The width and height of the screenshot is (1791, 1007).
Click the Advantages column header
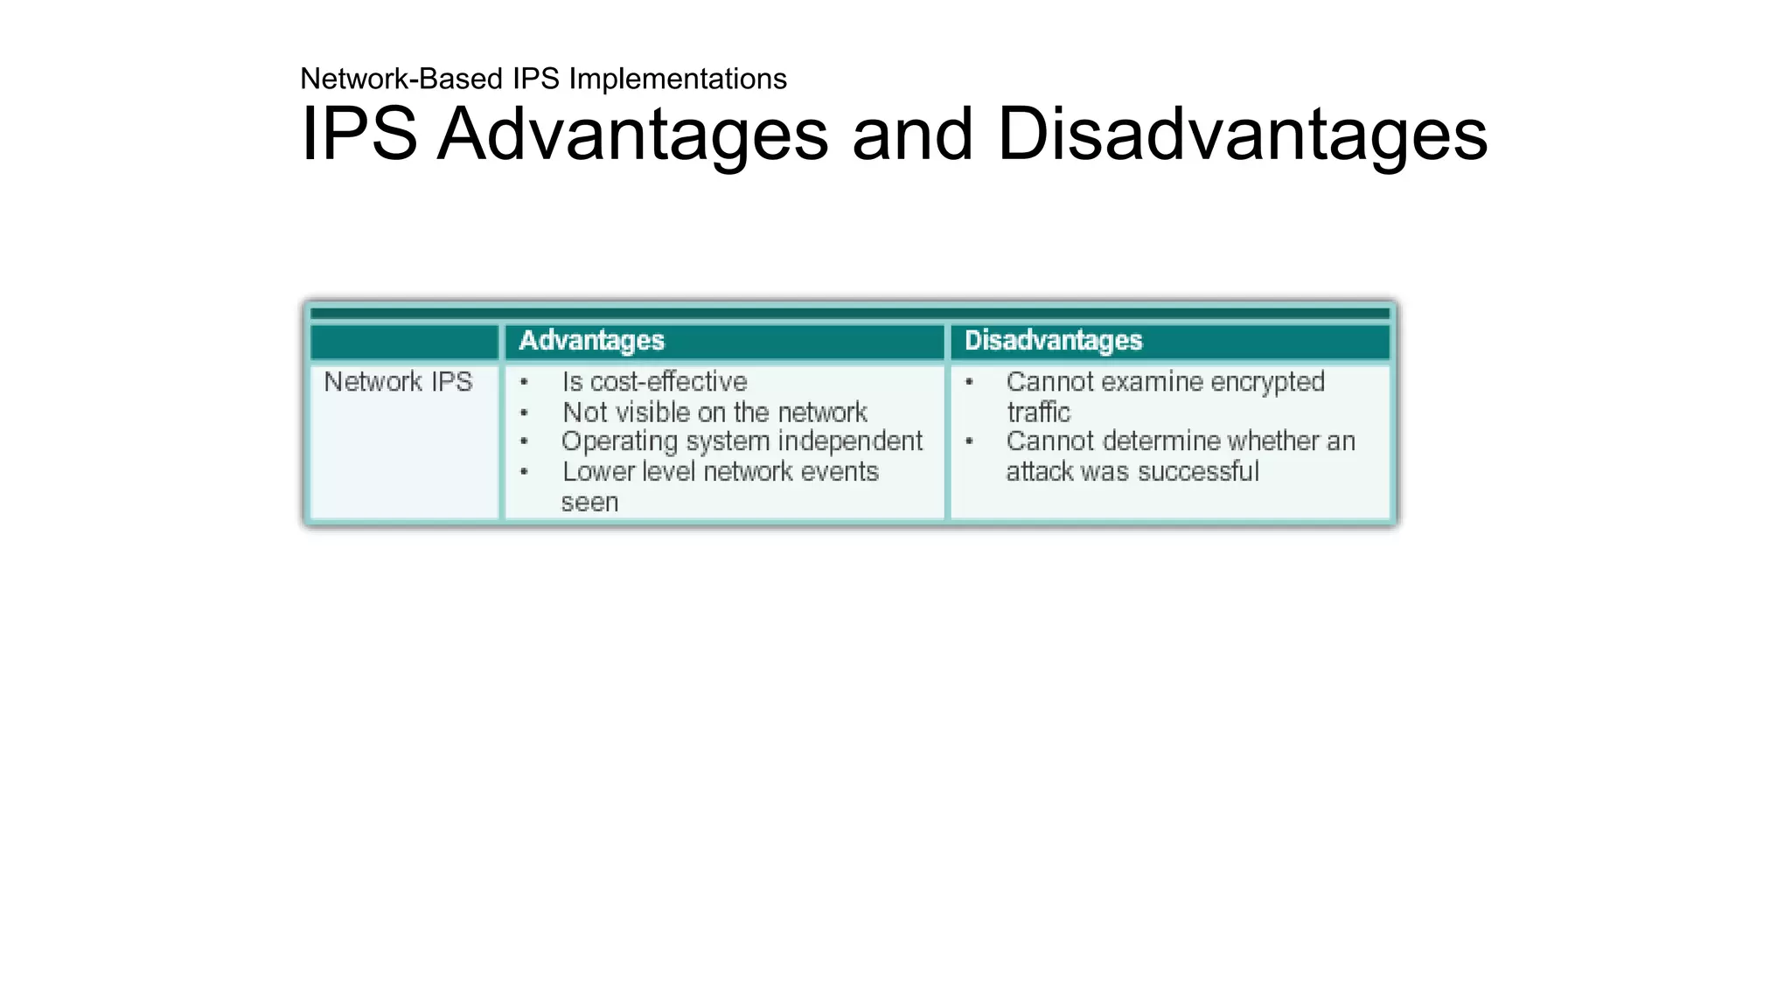[591, 340]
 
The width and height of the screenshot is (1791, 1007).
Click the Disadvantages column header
[1053, 340]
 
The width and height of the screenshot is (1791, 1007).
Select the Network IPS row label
[398, 382]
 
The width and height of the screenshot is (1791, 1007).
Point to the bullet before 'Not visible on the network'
[524, 413]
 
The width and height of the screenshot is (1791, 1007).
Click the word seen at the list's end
[589, 503]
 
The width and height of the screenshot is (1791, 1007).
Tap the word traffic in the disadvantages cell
[1038, 412]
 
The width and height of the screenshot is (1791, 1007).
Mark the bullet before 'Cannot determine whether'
[969, 441]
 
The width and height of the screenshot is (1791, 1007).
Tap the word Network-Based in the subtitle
[402, 79]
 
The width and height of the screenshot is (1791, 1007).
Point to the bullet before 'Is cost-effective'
[524, 382]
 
